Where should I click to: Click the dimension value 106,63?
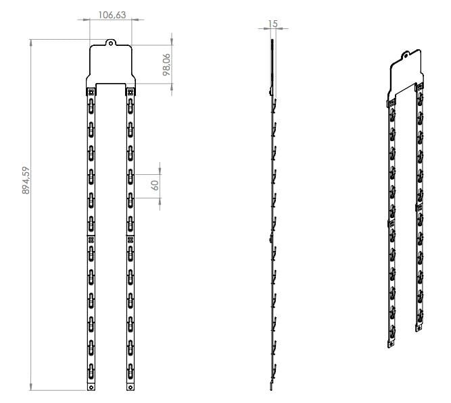click(111, 15)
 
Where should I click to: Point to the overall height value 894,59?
click(25, 180)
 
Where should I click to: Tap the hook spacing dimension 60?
click(155, 185)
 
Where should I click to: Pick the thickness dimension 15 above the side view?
click(273, 24)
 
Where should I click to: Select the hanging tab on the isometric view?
click(406, 57)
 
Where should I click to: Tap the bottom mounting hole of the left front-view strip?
click(91, 387)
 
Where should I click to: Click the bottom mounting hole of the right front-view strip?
click(130, 387)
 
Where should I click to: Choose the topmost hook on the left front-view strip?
click(91, 104)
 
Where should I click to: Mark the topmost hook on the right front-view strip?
click(130, 104)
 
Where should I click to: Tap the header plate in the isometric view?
click(406, 74)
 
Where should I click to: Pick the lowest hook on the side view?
click(275, 371)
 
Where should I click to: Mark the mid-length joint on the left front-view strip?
click(91, 239)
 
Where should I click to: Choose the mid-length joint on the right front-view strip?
click(130, 239)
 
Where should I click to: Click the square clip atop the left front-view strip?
click(91, 92)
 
